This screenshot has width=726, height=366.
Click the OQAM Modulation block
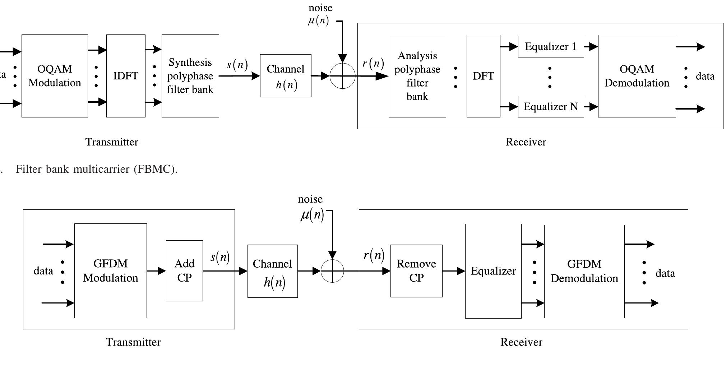(55, 76)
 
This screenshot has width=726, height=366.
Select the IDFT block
(126, 76)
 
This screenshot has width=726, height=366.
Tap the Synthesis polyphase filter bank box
(190, 76)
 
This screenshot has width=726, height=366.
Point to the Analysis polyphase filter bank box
(417, 76)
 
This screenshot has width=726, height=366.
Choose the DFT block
(483, 76)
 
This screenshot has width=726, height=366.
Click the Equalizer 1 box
(551, 47)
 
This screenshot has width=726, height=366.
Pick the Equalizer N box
(551, 107)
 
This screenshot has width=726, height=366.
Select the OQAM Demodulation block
(637, 76)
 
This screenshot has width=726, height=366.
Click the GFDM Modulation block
(110, 270)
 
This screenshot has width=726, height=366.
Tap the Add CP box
(184, 270)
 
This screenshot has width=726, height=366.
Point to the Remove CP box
(416, 271)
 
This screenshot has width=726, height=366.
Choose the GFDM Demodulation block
(584, 271)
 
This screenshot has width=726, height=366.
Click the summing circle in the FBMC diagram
(342, 76)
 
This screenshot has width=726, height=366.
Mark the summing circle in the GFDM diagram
(332, 271)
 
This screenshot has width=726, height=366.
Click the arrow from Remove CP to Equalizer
(454, 271)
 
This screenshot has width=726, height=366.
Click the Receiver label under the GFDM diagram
(521, 342)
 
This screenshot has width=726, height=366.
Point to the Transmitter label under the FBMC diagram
(112, 142)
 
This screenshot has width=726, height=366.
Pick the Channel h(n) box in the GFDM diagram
(272, 271)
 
